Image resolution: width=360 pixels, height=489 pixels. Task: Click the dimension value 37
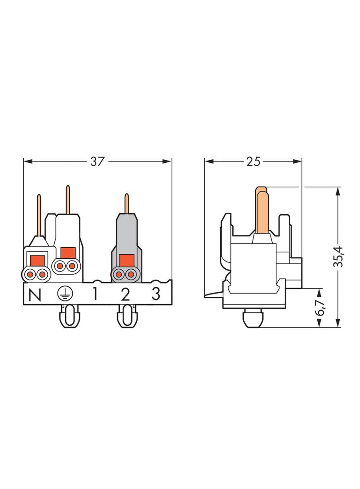pos(97,161)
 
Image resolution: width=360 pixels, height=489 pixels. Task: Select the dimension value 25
pos(253,161)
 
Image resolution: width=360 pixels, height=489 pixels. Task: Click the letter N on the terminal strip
pos(34,295)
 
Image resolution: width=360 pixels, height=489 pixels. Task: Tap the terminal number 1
pos(95,294)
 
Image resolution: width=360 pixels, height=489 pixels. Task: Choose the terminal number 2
pos(125,294)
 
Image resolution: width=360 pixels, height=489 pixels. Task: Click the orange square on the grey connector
pos(125,260)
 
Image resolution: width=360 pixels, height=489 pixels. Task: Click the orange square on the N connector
pos(37,260)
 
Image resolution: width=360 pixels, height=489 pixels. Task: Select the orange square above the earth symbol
pos(67,252)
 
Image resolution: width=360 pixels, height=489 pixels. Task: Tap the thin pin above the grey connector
pos(127,204)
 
